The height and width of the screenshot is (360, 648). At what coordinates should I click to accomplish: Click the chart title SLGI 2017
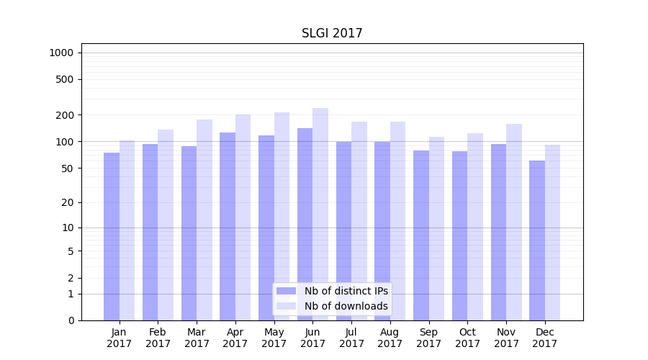click(332, 33)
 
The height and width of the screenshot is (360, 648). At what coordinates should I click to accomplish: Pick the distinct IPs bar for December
click(537, 240)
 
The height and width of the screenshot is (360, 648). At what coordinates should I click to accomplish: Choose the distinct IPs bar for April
click(228, 226)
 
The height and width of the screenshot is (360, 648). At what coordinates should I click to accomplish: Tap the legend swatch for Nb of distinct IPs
click(287, 291)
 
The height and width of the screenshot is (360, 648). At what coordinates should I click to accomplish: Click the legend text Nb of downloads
click(346, 306)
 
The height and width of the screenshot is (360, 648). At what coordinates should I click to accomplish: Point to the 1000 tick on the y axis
click(61, 53)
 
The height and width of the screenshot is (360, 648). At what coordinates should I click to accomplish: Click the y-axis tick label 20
click(68, 202)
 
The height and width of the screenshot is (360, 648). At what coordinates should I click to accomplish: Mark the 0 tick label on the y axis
click(71, 320)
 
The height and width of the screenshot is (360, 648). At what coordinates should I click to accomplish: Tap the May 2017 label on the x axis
click(274, 338)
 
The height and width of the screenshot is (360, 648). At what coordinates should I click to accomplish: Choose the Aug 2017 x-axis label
click(390, 338)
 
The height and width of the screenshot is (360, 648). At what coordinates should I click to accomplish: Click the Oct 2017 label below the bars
click(467, 338)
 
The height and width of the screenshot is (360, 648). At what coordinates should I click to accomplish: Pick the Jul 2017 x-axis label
click(351, 338)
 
